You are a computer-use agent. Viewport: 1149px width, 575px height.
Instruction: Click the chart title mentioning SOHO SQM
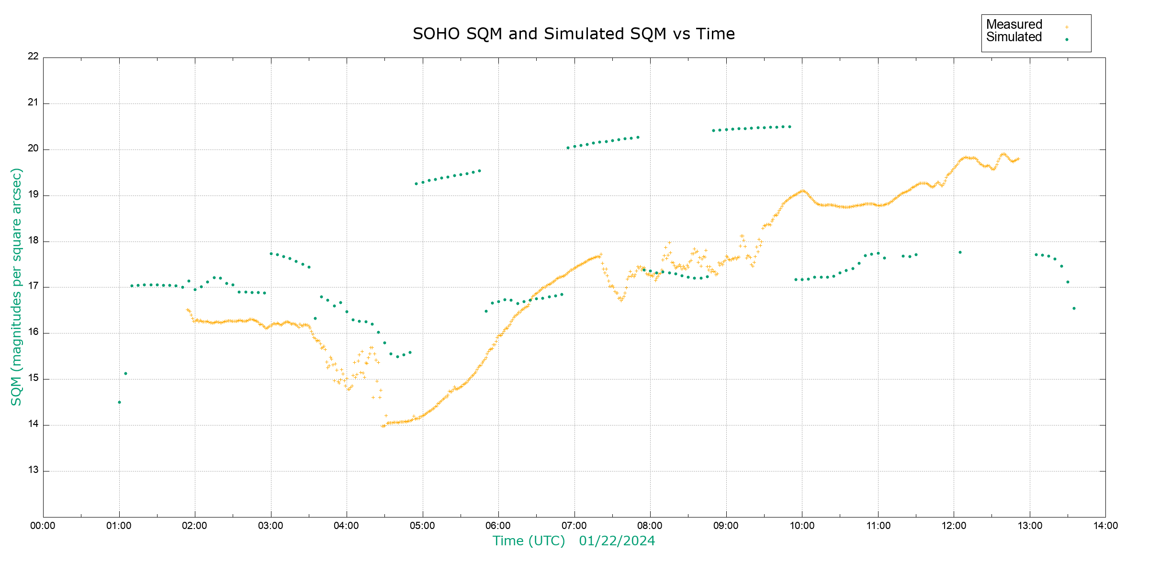(574, 34)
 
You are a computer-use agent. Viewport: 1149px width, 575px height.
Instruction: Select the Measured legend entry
(1014, 24)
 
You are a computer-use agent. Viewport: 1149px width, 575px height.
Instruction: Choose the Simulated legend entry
(1014, 37)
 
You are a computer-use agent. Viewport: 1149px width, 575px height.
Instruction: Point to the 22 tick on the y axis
(33, 56)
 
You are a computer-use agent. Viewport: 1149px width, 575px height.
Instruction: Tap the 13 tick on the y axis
(33, 470)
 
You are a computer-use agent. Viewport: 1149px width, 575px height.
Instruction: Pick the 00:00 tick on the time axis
(43, 526)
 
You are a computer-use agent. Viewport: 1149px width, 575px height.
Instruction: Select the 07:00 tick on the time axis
(574, 526)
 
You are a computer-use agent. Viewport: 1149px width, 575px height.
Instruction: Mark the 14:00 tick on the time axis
(1105, 526)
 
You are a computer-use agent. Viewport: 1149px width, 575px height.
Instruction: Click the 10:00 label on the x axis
(802, 526)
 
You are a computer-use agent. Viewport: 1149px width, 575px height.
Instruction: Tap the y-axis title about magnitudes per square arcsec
(17, 287)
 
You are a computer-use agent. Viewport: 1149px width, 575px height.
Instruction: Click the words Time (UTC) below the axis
(529, 541)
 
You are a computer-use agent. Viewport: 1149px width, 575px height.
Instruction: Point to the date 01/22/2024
(617, 541)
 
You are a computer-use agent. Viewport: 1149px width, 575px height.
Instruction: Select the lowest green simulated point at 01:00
(119, 402)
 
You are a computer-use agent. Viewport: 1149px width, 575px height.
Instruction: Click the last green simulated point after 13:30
(1074, 309)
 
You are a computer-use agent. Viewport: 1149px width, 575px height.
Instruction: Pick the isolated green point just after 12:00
(960, 253)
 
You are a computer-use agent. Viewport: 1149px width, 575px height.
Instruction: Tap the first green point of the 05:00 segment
(416, 184)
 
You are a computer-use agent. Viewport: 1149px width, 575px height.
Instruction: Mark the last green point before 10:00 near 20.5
(789, 127)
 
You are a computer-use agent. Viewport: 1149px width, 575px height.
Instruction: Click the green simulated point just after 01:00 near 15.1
(125, 373)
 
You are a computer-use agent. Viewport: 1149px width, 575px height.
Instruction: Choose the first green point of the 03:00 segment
(271, 254)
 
